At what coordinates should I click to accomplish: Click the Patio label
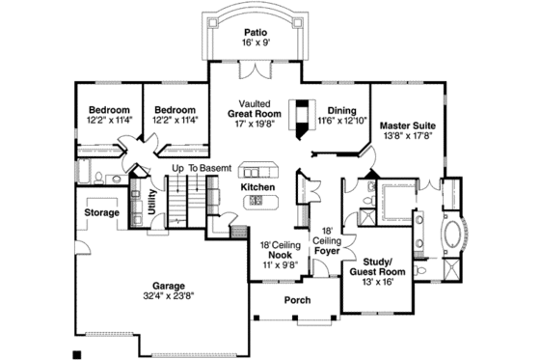[256, 32]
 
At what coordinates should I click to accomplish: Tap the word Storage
[101, 212]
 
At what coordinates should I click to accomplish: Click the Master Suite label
[405, 125]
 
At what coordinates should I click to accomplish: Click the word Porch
[297, 300]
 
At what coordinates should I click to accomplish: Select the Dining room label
[342, 110]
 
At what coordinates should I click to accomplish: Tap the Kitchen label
[258, 186]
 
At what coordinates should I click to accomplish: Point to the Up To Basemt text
[202, 168]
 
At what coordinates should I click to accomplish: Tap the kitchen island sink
[257, 201]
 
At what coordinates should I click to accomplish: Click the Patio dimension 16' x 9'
[256, 43]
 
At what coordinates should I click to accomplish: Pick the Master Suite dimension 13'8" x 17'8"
[405, 137]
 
